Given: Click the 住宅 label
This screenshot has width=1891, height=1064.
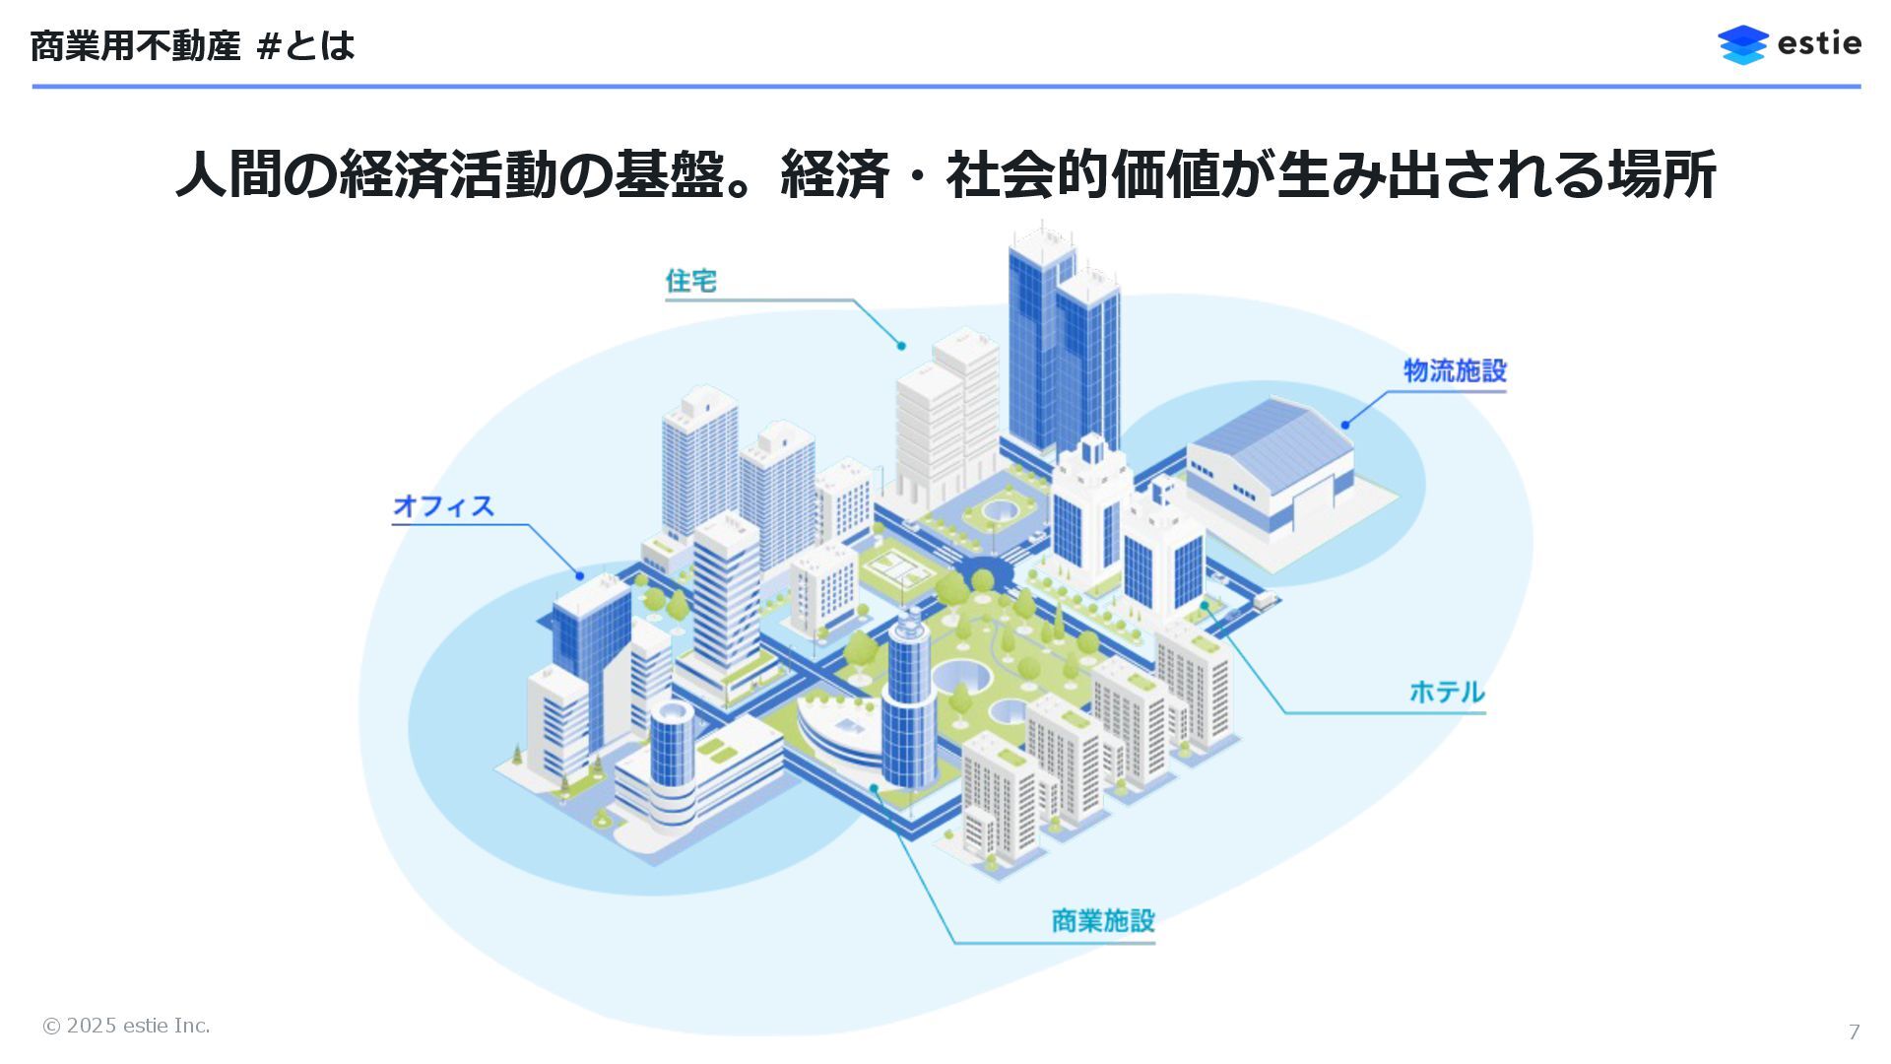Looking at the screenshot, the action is (x=690, y=281).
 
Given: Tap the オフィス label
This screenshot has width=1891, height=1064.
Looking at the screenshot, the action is (x=443, y=505).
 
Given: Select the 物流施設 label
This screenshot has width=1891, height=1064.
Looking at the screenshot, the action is (x=1455, y=370).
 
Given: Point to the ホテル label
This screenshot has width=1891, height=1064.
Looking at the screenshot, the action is (x=1446, y=692).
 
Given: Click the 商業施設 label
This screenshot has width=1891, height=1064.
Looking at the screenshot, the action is (x=1102, y=920).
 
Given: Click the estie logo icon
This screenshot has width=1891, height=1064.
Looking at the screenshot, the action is (x=1742, y=44).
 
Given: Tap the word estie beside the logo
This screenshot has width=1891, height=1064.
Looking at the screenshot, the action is (x=1819, y=44).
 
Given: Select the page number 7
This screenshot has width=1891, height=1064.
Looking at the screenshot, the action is (x=1854, y=1031).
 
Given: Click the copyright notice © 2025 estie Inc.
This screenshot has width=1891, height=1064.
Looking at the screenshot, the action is (x=126, y=1026).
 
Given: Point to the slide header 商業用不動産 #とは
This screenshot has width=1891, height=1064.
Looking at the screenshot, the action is (x=192, y=45).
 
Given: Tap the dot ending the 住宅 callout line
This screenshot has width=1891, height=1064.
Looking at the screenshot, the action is (x=901, y=346).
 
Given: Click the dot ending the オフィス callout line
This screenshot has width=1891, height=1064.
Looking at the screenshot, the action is (x=580, y=575).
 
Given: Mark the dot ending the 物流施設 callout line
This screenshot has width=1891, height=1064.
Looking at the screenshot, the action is (x=1345, y=425).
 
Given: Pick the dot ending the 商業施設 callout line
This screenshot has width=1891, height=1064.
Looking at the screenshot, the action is (x=874, y=788).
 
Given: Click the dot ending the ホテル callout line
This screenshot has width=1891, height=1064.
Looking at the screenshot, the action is (x=1204, y=606).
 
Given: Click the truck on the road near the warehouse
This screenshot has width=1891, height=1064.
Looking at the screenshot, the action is (x=1265, y=598).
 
